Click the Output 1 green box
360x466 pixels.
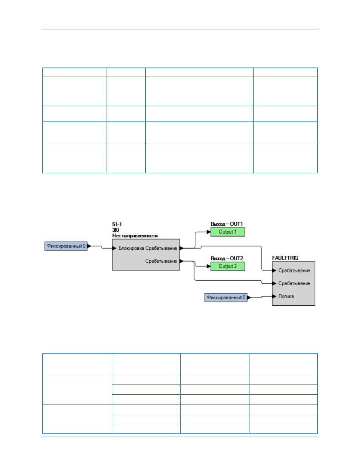(x=228, y=232)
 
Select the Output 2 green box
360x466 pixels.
(x=228, y=266)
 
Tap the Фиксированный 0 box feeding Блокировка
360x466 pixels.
(x=66, y=246)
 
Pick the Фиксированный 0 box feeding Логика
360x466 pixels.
(x=226, y=297)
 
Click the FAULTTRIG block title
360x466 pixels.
(x=285, y=258)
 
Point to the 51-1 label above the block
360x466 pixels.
(x=117, y=224)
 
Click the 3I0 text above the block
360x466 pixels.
(x=115, y=230)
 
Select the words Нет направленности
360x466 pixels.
(x=135, y=236)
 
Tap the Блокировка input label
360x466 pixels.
(x=131, y=248)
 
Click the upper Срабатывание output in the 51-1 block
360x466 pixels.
(x=161, y=248)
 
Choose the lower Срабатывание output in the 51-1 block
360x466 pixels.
(x=161, y=261)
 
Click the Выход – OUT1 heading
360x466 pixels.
(x=227, y=224)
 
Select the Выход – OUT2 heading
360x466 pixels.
(x=227, y=258)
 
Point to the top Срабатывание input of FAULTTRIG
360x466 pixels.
(x=294, y=271)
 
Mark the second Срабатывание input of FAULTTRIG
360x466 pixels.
(x=294, y=283)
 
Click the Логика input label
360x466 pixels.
(x=286, y=296)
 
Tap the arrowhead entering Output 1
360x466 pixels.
(x=209, y=232)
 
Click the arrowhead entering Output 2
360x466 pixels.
(x=209, y=266)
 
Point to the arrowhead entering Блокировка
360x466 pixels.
(x=114, y=248)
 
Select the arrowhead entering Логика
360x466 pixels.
(x=274, y=296)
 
